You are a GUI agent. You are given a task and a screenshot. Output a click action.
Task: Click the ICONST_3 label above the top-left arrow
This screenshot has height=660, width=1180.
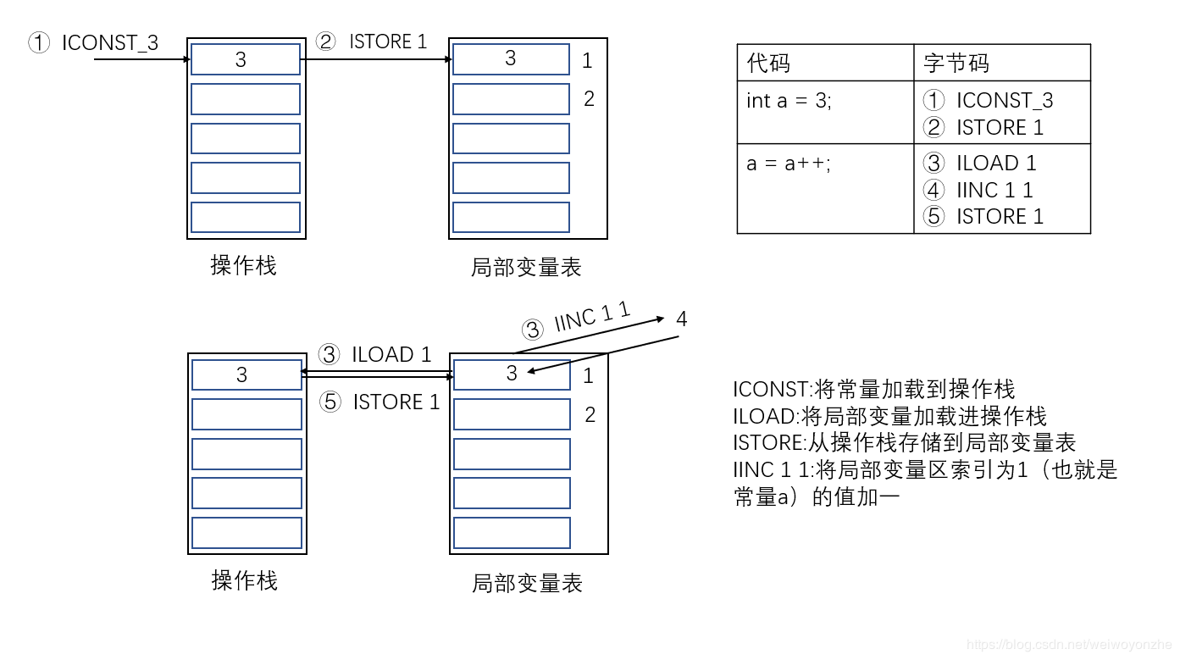coord(109,43)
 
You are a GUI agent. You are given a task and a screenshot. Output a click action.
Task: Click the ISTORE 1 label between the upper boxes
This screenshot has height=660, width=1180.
coord(388,42)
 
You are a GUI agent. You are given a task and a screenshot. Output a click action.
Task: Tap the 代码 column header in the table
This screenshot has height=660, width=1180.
coord(769,63)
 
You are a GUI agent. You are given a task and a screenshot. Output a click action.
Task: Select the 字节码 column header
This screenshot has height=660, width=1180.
coord(956,63)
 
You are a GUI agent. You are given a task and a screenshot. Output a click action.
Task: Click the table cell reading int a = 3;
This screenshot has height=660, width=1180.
coord(789,101)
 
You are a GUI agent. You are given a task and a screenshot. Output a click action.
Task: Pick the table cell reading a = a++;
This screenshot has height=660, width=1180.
coord(789,164)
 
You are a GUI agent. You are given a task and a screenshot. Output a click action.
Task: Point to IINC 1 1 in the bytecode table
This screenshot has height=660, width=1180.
coord(994,190)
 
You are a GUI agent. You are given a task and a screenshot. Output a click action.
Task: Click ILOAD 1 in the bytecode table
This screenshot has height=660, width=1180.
coord(996,163)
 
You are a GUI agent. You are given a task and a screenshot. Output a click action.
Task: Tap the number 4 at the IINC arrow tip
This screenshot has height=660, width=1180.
coord(681,319)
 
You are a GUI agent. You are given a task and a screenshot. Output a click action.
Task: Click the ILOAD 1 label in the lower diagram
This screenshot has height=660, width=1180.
coord(391,354)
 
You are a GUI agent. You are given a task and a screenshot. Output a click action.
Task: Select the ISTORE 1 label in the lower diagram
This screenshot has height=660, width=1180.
coord(396,402)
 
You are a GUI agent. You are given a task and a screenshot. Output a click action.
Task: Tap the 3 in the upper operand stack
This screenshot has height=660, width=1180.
coord(241,59)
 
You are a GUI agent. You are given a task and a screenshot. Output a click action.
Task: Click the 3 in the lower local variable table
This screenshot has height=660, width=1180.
coord(511,374)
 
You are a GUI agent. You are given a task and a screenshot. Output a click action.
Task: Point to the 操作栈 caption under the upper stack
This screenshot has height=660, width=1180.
coord(243,265)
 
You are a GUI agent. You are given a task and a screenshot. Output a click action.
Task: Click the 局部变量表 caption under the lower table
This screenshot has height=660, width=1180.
coord(527,583)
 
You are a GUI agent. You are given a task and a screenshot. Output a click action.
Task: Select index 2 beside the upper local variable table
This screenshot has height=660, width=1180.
coord(589,99)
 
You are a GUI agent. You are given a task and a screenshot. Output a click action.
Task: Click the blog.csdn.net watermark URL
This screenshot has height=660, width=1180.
coord(1067,646)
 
